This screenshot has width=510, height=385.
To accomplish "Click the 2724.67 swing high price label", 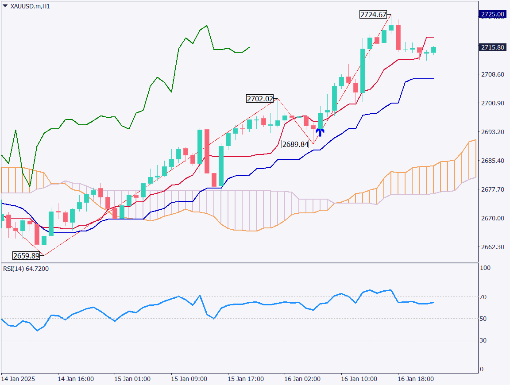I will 374,15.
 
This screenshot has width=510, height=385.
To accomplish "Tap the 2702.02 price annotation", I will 260,99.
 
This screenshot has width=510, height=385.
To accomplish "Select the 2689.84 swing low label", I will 296,144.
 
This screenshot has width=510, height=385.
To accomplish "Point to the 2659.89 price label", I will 26,255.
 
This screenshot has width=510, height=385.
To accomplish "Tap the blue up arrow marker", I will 320,132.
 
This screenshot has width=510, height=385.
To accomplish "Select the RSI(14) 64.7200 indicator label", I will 26,269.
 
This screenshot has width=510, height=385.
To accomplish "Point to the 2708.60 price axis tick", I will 492,74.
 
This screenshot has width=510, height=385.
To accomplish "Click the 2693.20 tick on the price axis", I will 492,132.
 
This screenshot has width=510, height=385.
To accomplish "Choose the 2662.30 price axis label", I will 492,247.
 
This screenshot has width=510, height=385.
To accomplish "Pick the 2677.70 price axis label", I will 492,189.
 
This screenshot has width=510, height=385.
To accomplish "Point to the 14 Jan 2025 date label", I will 18,379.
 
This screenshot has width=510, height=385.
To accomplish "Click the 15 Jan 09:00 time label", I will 189,379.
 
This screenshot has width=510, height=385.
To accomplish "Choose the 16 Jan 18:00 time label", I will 416,379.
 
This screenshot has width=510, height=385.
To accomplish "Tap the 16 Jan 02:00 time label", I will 302,379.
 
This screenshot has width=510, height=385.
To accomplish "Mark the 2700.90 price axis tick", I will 492,103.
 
